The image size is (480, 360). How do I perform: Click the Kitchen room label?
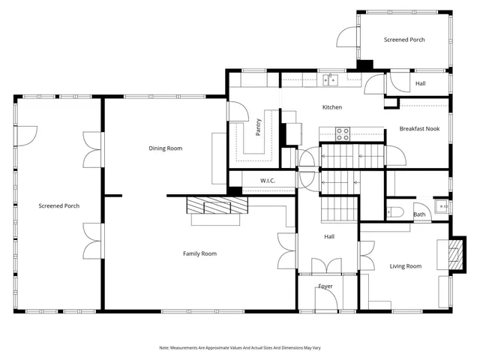[331, 107]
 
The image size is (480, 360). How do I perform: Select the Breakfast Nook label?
[419, 128]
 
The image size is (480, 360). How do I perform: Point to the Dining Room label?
[165, 148]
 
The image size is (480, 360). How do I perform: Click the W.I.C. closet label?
[268, 181]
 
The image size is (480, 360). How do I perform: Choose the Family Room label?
[199, 253]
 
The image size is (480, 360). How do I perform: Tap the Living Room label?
[405, 266]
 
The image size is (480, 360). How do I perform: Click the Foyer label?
[325, 286]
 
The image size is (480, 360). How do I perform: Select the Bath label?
[419, 215]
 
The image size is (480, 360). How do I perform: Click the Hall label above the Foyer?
[329, 237]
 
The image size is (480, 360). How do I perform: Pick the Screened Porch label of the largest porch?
[59, 205]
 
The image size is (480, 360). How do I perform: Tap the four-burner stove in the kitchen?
[343, 134]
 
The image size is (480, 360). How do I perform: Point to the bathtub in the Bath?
[395, 211]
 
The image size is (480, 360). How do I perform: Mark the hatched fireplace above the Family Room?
[215, 205]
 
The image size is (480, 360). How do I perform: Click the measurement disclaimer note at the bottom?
[239, 347]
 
